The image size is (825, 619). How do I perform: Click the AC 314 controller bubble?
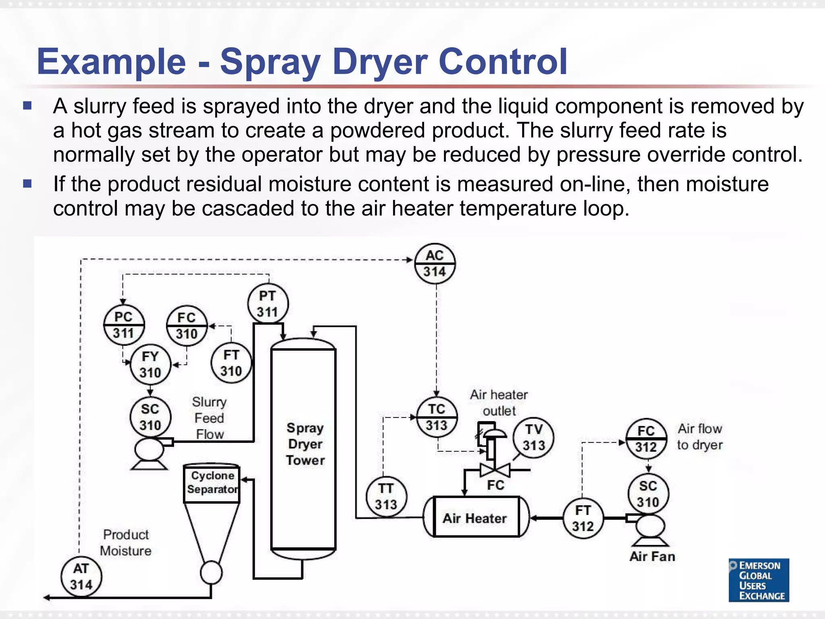tap(435, 264)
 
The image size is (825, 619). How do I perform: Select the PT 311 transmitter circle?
tap(267, 303)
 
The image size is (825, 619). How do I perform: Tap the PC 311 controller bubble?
tap(124, 325)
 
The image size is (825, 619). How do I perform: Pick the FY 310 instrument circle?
tap(150, 364)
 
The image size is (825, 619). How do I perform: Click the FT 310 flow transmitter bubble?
tap(231, 363)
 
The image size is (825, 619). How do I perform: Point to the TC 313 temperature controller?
tap(437, 417)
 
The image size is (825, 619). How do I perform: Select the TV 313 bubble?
tap(534, 438)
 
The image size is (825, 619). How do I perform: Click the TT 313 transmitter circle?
tap(386, 496)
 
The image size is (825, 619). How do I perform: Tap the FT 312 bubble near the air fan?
tap(583, 518)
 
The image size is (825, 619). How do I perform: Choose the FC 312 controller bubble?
tap(646, 439)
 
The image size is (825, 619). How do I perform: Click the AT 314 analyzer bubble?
tap(81, 577)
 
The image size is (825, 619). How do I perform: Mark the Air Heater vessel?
tap(476, 517)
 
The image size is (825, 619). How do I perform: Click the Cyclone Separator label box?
tap(212, 483)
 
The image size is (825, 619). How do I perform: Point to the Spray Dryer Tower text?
tap(305, 444)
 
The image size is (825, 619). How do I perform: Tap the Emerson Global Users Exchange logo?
tap(759, 580)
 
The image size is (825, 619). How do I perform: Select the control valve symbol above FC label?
tap(495, 469)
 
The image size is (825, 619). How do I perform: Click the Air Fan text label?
tap(652, 557)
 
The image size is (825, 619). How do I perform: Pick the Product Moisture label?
tap(126, 543)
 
